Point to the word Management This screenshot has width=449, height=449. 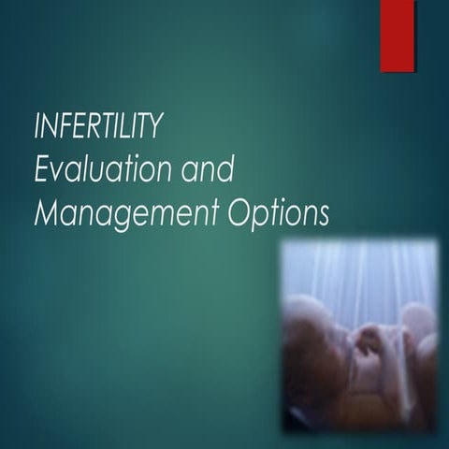(123, 214)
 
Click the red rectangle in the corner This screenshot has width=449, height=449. (397, 35)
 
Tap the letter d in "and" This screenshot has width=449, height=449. (224, 170)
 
